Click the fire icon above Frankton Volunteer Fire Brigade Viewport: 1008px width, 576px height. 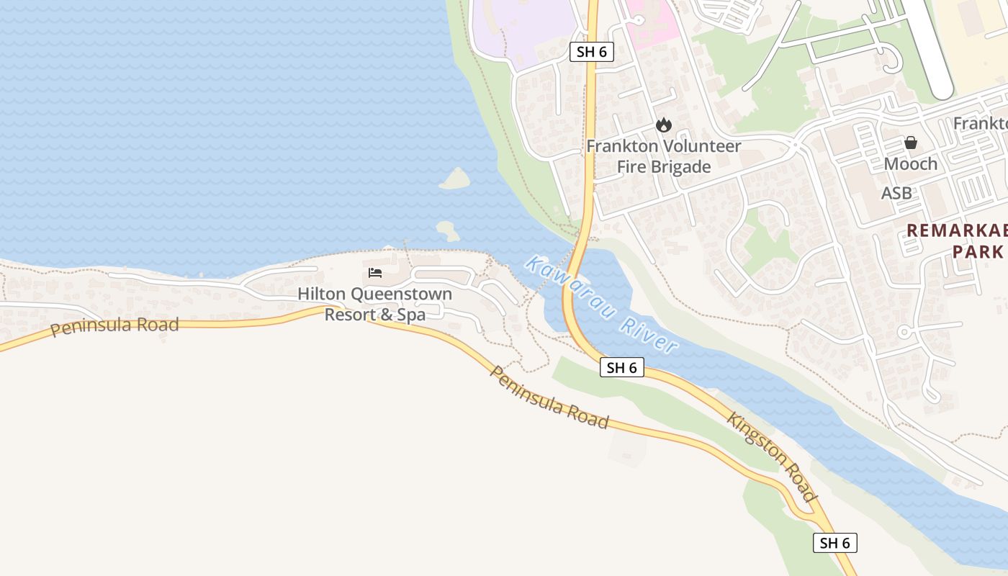click(663, 125)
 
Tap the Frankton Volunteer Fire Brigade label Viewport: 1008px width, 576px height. click(663, 156)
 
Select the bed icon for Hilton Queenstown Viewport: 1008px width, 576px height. click(375, 272)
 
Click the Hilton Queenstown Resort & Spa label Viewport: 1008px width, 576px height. click(375, 304)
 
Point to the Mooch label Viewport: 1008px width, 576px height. click(910, 164)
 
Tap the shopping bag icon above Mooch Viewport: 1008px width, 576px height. click(911, 143)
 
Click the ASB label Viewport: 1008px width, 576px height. click(896, 193)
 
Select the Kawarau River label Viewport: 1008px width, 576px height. click(601, 305)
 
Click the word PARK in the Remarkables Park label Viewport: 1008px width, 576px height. click(978, 251)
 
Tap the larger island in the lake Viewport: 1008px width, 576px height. click(455, 178)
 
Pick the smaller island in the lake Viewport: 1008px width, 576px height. click(447, 230)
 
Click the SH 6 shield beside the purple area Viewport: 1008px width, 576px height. click(592, 51)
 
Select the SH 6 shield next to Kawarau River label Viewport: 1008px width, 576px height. click(621, 367)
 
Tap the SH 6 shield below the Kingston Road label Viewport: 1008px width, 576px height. click(835, 543)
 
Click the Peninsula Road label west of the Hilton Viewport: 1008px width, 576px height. click(114, 326)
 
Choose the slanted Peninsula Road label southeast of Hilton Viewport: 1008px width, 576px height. click(549, 397)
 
